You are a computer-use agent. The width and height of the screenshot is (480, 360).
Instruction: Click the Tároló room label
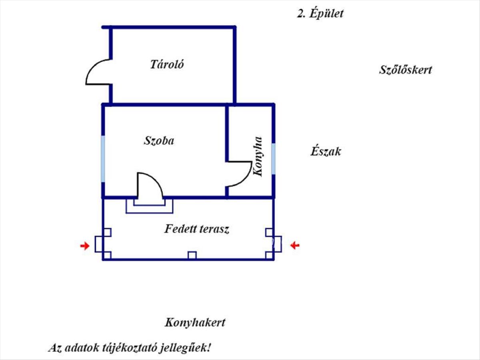167,64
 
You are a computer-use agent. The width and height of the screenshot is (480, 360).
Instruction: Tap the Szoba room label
159,141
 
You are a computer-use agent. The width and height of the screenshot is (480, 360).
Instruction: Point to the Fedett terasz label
196,229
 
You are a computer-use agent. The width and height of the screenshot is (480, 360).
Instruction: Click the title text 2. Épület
320,14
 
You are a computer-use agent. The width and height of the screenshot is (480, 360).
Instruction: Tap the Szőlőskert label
405,70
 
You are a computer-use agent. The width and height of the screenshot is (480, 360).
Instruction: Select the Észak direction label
326,152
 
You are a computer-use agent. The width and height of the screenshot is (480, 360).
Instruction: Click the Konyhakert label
195,322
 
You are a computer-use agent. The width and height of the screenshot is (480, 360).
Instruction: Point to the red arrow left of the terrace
84,246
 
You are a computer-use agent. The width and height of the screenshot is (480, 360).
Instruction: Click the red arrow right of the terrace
295,245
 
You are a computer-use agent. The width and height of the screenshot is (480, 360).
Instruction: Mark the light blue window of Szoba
103,159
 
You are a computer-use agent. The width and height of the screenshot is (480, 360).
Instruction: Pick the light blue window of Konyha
274,159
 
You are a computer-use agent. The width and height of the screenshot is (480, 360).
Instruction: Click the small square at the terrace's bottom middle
192,255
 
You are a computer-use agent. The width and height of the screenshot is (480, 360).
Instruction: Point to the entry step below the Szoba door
150,206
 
